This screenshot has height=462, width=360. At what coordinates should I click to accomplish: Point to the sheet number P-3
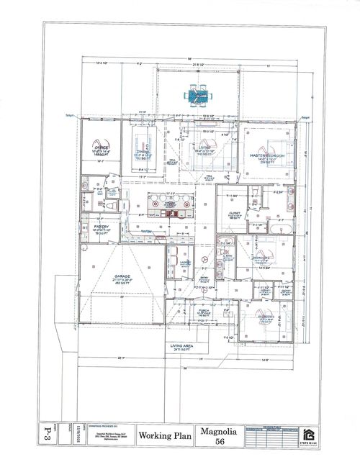(x=50, y=435)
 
